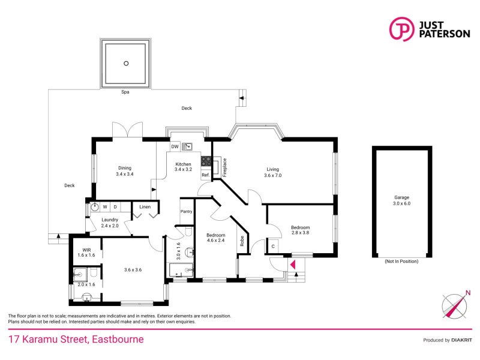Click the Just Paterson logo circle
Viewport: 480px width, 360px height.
point(401,29)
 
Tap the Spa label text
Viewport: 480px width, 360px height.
point(125,92)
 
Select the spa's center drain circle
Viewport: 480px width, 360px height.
point(126,63)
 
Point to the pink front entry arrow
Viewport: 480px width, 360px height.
point(293,264)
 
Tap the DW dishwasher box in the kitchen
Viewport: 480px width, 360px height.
point(175,146)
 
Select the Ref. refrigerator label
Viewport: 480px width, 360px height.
point(205,175)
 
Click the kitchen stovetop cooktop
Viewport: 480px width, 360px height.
point(206,161)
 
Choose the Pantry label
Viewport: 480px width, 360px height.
point(186,211)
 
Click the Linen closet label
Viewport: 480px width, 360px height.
point(145,207)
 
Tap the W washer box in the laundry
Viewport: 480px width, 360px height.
point(104,207)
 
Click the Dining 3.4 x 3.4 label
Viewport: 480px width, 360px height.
point(124,171)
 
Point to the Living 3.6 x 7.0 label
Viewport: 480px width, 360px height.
point(273,172)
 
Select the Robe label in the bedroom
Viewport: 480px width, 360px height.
point(242,241)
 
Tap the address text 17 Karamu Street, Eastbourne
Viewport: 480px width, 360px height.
point(76,340)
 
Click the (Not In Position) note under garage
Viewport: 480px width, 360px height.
point(401,262)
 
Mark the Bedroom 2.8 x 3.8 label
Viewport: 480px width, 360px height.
point(300,230)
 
